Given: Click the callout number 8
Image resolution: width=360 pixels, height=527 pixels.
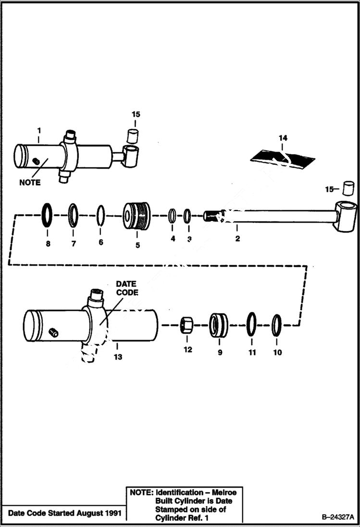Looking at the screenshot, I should (48, 244).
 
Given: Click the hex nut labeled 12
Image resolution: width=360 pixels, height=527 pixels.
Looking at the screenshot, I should (187, 325).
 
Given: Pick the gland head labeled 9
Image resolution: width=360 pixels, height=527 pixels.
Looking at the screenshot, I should (219, 325).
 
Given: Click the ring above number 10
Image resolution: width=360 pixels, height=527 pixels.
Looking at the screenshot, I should (276, 325).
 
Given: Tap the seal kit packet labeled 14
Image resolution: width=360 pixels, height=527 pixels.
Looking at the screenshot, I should (283, 156).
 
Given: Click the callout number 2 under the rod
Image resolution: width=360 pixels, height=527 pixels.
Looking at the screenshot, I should (237, 238).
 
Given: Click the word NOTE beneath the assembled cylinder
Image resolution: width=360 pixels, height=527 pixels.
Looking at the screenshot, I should (30, 183).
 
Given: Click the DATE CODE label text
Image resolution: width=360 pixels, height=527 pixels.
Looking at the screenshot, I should (126, 288).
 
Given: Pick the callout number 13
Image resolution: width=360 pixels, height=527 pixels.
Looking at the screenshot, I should (118, 356).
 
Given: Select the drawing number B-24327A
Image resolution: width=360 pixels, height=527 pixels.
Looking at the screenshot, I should (337, 517).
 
